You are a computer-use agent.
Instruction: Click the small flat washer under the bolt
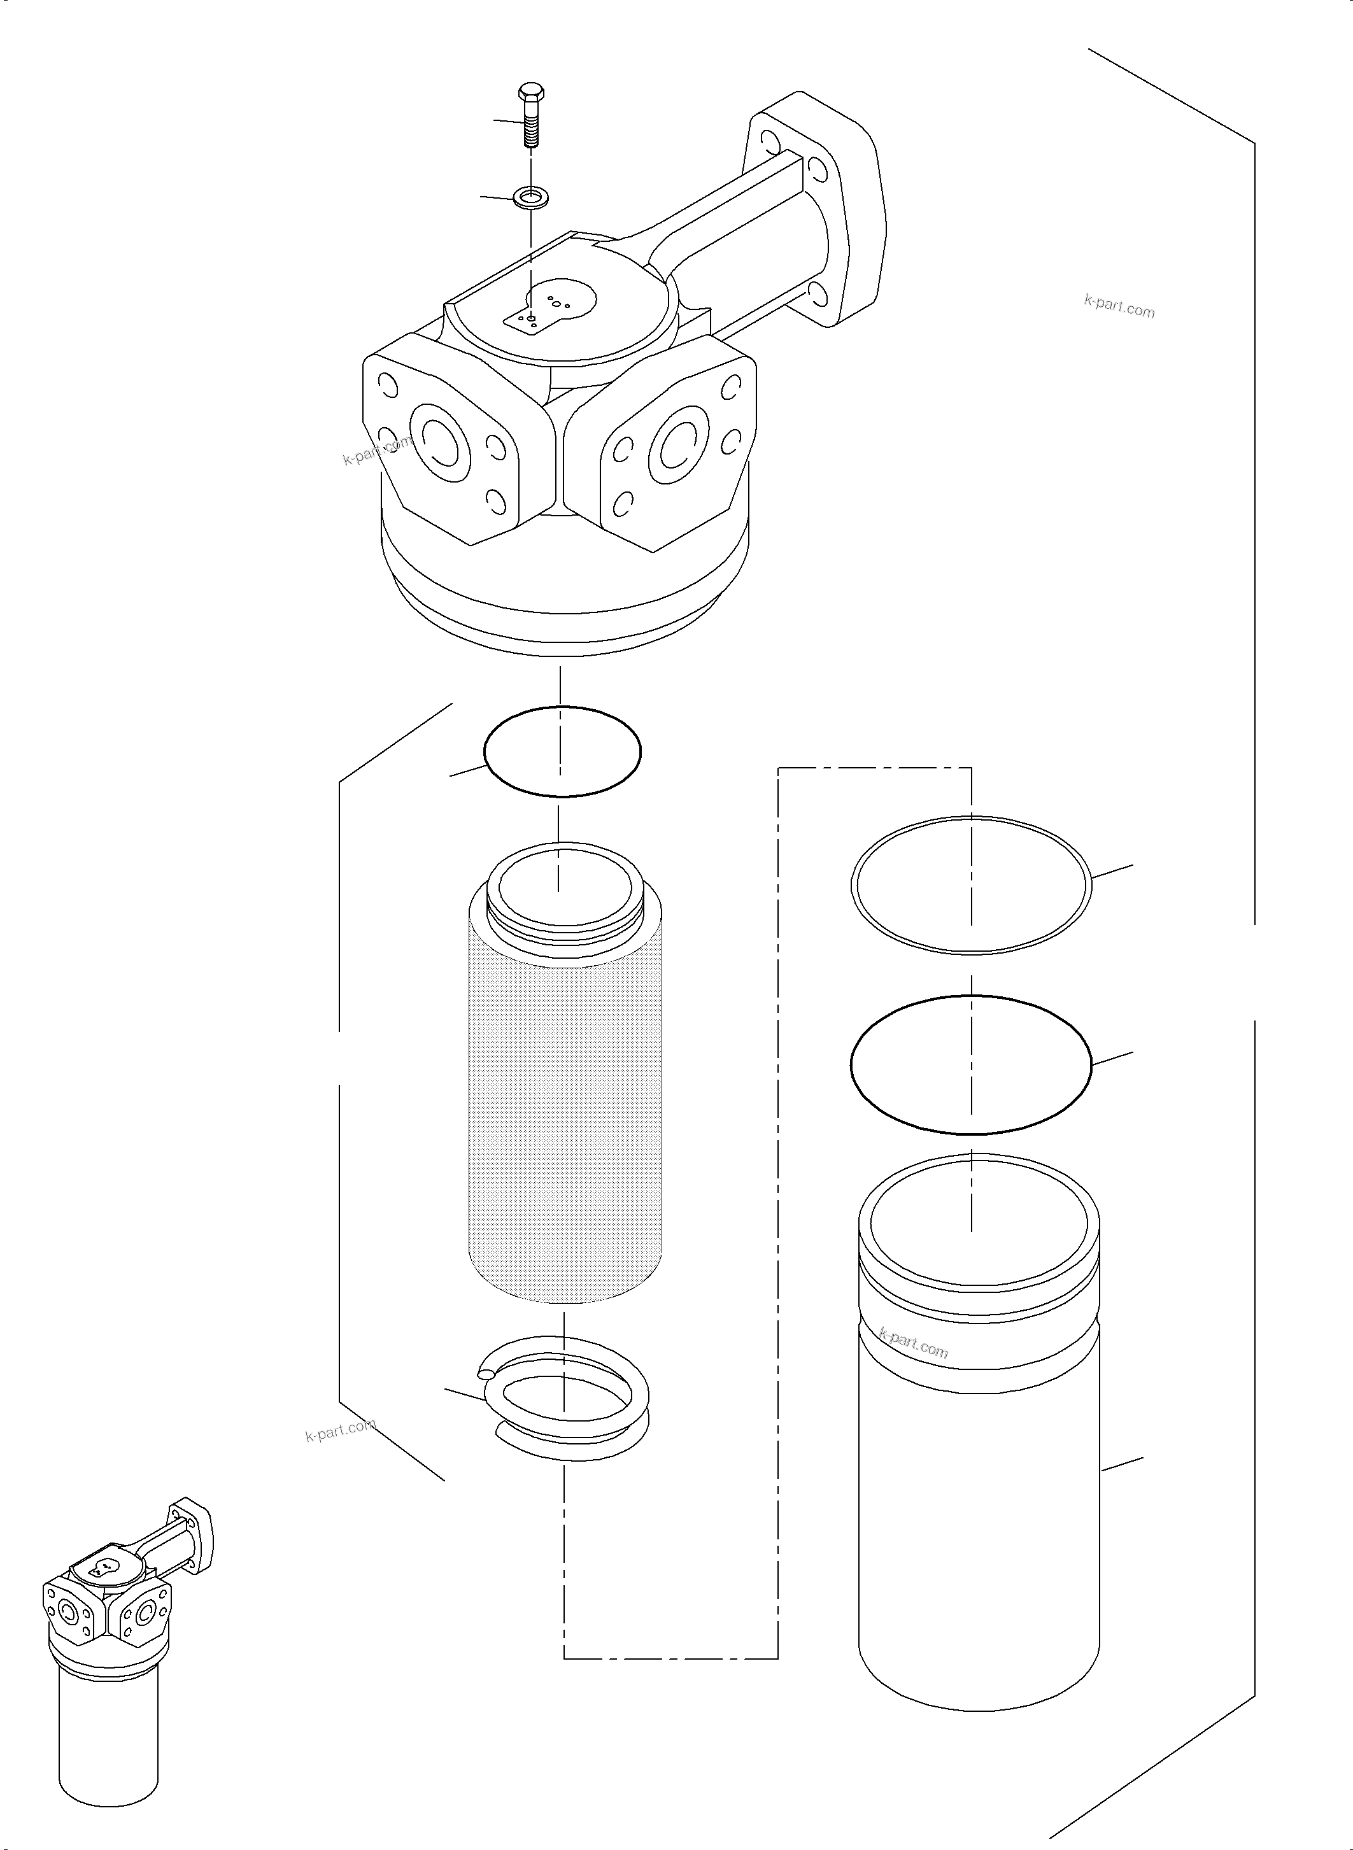(x=531, y=197)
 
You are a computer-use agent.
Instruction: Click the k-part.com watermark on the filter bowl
(x=912, y=1343)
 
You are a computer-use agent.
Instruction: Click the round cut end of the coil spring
(x=486, y=1375)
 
